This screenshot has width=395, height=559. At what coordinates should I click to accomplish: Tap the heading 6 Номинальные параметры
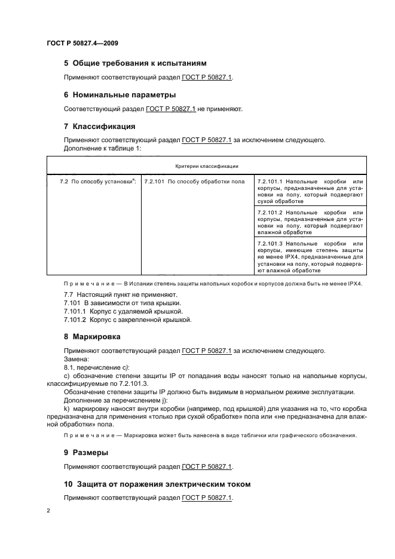(x=120, y=95)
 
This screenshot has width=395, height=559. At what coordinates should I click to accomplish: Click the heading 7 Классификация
(x=99, y=127)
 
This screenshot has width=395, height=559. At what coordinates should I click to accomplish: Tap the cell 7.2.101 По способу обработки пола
(x=195, y=181)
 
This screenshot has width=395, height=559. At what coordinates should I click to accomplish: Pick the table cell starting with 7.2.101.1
(x=310, y=191)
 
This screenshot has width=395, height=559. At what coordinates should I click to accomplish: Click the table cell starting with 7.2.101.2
(x=310, y=222)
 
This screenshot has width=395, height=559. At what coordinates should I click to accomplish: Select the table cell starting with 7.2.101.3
(x=310, y=257)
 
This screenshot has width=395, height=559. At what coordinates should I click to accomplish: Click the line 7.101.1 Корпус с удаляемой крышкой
(x=123, y=312)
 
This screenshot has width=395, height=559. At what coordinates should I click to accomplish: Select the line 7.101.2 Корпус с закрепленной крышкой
(x=127, y=320)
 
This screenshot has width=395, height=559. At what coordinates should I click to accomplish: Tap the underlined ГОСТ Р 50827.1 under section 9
(x=207, y=466)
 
